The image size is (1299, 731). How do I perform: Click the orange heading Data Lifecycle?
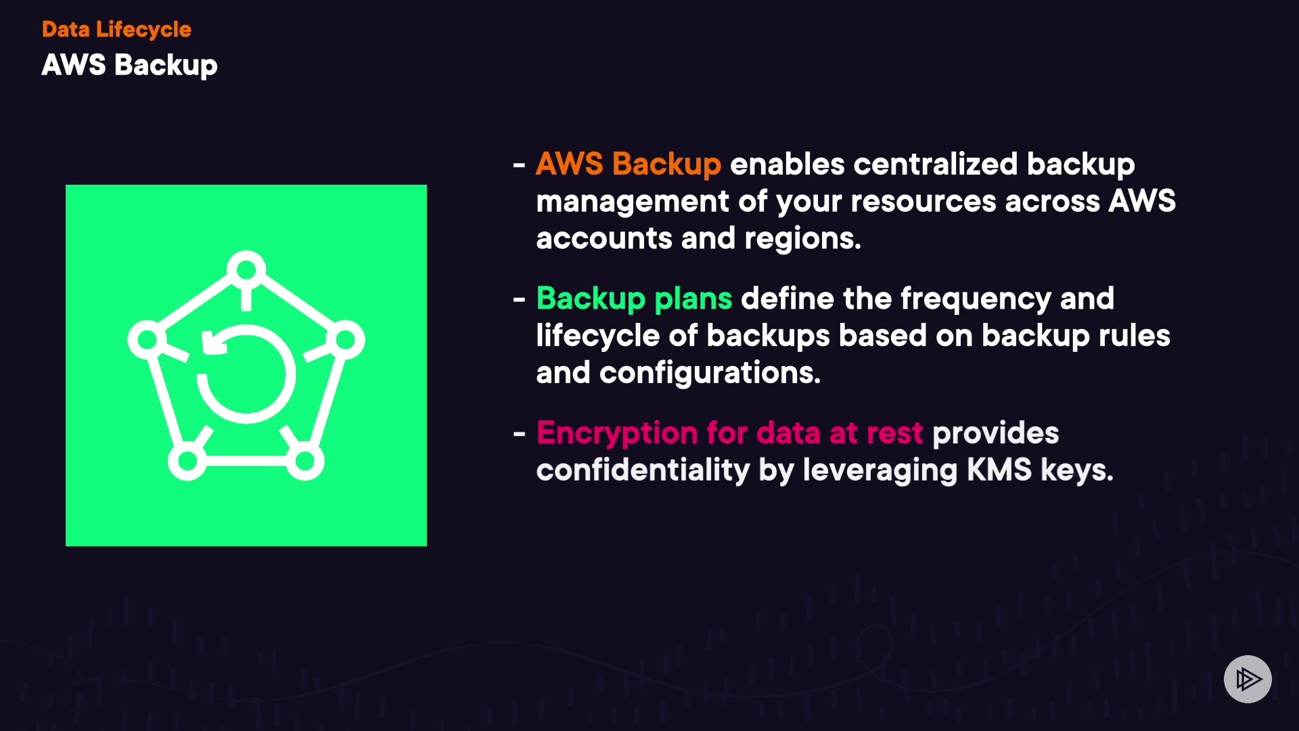click(x=116, y=29)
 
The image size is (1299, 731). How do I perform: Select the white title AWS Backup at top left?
click(x=129, y=65)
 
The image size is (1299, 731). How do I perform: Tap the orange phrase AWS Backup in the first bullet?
click(x=628, y=164)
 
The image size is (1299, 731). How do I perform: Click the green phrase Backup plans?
click(x=634, y=298)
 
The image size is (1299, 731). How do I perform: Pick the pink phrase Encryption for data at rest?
click(x=729, y=433)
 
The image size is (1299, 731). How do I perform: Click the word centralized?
click(x=935, y=164)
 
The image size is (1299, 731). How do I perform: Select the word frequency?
click(x=975, y=298)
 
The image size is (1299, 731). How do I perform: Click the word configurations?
click(x=710, y=373)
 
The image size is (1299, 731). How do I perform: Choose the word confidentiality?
click(x=643, y=470)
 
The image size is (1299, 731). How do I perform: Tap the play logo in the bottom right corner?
click(x=1248, y=679)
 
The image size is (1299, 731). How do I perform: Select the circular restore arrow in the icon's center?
click(x=246, y=374)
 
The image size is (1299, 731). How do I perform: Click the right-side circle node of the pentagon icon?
click(x=346, y=340)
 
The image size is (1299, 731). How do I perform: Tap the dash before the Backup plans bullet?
click(x=519, y=299)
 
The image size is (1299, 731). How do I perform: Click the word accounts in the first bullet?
click(x=603, y=238)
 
